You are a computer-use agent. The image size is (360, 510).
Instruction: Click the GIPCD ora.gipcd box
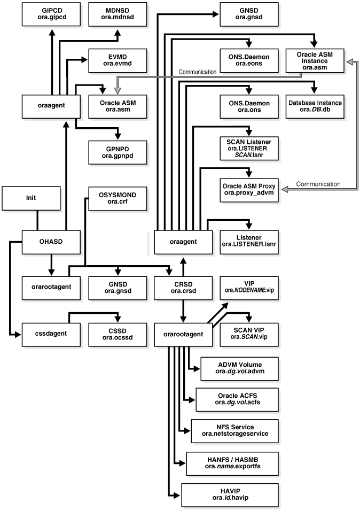coord(51,14)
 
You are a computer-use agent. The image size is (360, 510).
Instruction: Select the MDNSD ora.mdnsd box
coord(118,14)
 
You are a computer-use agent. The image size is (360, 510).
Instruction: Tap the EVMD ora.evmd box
coord(118,60)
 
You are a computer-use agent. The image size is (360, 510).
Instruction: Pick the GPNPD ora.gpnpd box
coord(118,152)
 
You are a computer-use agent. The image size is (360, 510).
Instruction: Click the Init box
coord(31,198)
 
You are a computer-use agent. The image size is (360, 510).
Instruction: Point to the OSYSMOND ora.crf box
coord(118,198)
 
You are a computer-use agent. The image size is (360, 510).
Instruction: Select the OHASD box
coord(51,242)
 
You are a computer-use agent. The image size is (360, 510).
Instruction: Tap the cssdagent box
coord(51,334)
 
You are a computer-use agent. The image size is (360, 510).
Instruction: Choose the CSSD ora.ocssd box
coord(118,334)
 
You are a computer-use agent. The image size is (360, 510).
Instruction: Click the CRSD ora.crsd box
coord(184,288)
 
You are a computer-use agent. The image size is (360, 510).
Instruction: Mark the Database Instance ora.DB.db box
coord(315,106)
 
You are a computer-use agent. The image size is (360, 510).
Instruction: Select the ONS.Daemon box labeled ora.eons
coord(249,60)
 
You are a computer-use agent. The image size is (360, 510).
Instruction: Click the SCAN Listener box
coord(249,148)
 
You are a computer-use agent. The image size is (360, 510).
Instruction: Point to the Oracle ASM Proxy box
coord(249,190)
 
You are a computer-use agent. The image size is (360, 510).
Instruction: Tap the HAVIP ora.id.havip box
coord(230,494)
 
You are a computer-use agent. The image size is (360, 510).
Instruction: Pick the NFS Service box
coord(235,431)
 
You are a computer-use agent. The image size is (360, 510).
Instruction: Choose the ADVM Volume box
coord(240,368)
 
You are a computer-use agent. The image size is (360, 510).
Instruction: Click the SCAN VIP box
coord(249,334)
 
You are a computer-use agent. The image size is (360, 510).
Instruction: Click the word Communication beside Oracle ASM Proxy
coord(318,184)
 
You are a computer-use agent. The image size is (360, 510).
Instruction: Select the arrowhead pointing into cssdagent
coord(18,334)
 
